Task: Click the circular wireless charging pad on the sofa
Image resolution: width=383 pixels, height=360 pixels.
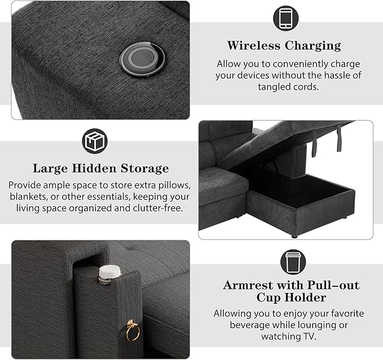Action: point(142,59)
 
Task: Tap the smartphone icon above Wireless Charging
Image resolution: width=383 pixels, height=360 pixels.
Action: point(285,18)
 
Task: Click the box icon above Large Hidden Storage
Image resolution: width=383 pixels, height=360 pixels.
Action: point(95,141)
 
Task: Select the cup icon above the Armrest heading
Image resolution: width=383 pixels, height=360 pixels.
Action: point(293,262)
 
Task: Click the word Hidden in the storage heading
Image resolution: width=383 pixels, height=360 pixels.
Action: point(94,168)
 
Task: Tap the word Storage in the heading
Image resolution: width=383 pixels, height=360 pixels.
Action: point(145,168)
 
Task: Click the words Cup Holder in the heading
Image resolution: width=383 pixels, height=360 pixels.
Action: point(291,297)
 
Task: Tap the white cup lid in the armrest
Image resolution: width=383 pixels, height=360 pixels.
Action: point(109,272)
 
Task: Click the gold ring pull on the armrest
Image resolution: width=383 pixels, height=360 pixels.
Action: point(133,330)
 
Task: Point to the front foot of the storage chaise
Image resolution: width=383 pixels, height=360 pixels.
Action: point(294,236)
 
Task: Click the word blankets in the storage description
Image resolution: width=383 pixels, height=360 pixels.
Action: point(28,197)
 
